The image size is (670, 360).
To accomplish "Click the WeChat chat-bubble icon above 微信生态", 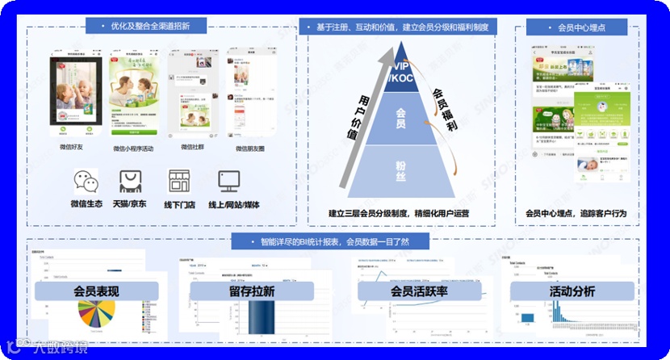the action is pyautogui.click(x=86, y=181).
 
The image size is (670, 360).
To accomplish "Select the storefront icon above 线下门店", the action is pyautogui.click(x=179, y=181).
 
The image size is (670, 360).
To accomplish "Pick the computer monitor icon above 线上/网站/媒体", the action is pyautogui.click(x=228, y=181).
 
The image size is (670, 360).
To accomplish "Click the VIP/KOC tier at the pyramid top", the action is pyautogui.click(x=399, y=72).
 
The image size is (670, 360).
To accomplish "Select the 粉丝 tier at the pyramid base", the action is pyautogui.click(x=400, y=167).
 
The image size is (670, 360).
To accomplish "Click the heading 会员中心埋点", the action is pyautogui.click(x=581, y=27).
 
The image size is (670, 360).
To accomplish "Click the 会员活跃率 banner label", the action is pyautogui.click(x=419, y=291).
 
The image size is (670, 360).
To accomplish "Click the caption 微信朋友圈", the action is pyautogui.click(x=251, y=149).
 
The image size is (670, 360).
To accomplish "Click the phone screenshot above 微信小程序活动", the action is pyautogui.click(x=133, y=94).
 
